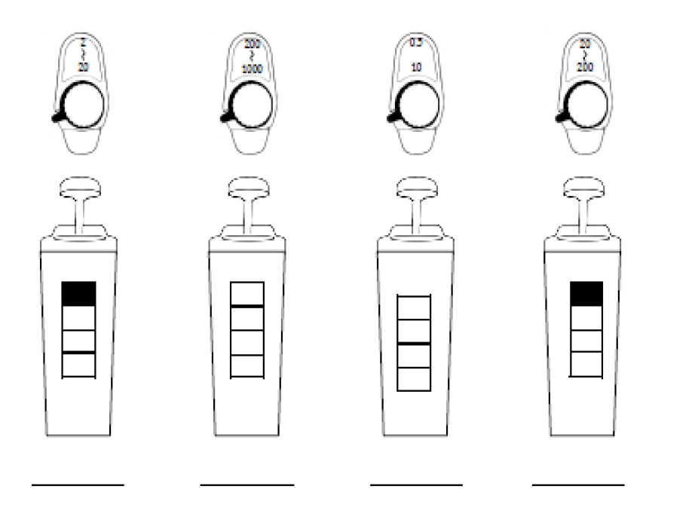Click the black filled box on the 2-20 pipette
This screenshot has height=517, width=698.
(x=78, y=294)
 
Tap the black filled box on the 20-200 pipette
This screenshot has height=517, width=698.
(x=586, y=294)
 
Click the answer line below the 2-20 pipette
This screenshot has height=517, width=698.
(x=78, y=485)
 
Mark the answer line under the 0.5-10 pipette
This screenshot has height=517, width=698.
(x=416, y=485)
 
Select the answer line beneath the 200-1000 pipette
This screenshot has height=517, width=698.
(x=246, y=485)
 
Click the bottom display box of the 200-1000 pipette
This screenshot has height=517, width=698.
(x=246, y=365)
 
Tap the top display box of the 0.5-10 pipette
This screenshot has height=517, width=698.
(x=413, y=307)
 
